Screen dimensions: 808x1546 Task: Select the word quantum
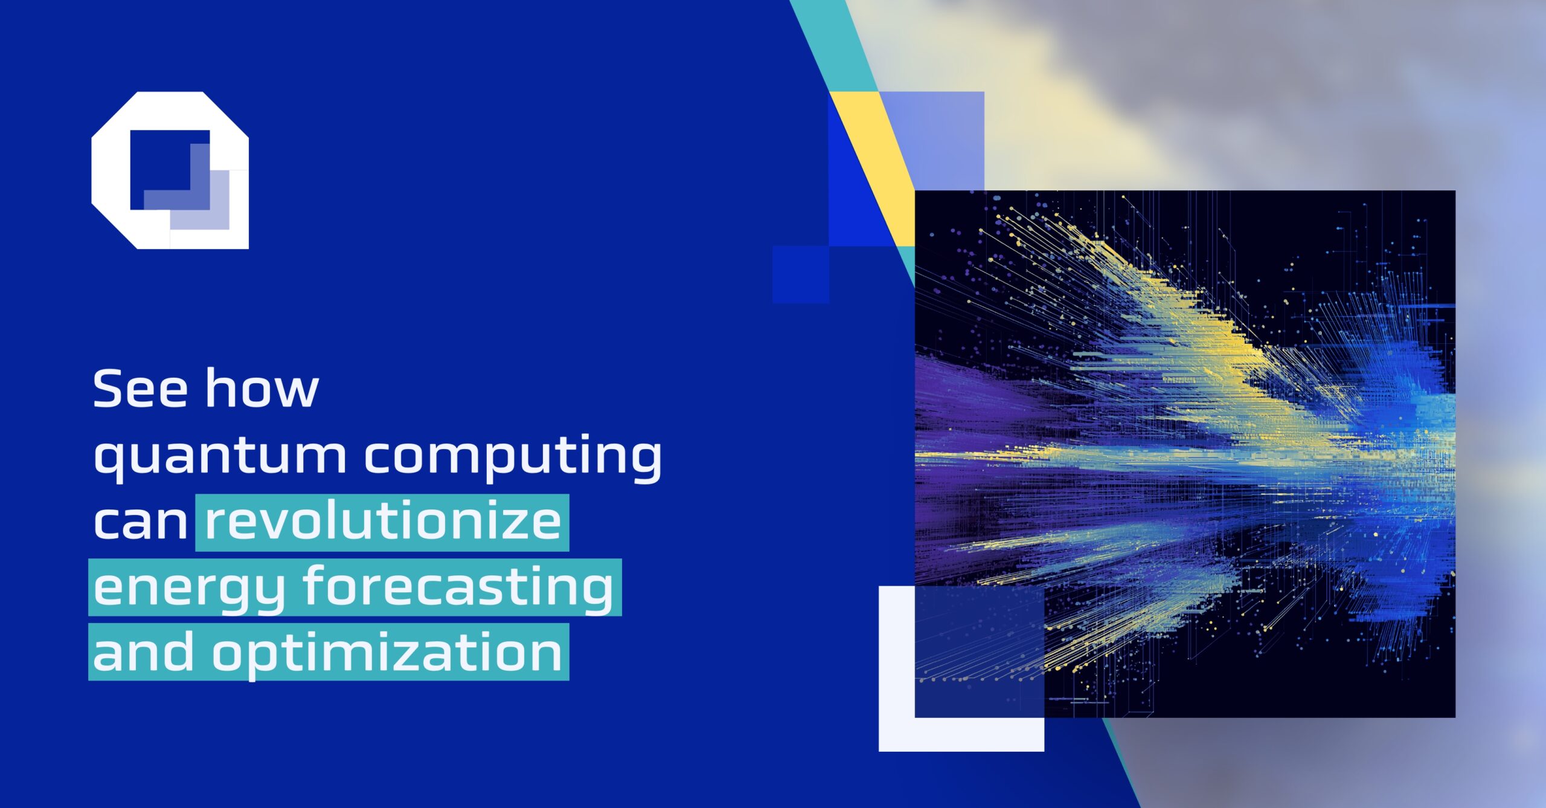pos(220,456)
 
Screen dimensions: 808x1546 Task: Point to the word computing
pos(513,456)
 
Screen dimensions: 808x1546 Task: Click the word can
pos(140,523)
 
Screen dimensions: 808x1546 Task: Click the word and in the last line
pos(143,652)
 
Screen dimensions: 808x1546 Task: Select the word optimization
pos(386,653)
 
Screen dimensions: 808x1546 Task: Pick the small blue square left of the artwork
pos(800,274)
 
